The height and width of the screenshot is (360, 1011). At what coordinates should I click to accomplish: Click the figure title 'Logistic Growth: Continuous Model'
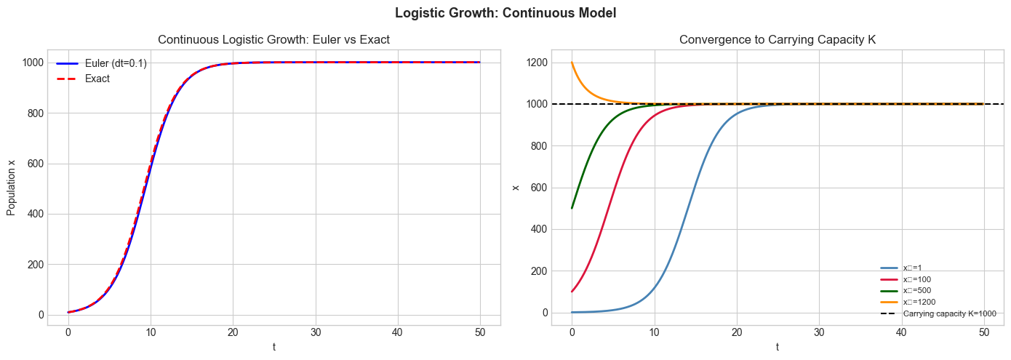point(505,13)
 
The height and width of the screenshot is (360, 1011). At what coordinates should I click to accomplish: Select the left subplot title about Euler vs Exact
point(273,40)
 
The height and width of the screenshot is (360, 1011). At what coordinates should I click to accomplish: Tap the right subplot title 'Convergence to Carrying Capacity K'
point(778,40)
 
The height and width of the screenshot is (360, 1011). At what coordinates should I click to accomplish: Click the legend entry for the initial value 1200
point(918,302)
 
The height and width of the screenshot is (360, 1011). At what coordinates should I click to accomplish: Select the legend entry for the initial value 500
point(916,290)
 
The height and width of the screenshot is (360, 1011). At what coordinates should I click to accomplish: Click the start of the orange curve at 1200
point(572,63)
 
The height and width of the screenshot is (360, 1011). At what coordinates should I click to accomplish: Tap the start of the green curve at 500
point(572,208)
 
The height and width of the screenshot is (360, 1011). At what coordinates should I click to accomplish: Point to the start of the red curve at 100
point(572,292)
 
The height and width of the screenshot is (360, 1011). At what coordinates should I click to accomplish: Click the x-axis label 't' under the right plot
point(778,347)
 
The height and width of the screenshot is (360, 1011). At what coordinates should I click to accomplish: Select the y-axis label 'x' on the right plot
point(516,188)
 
